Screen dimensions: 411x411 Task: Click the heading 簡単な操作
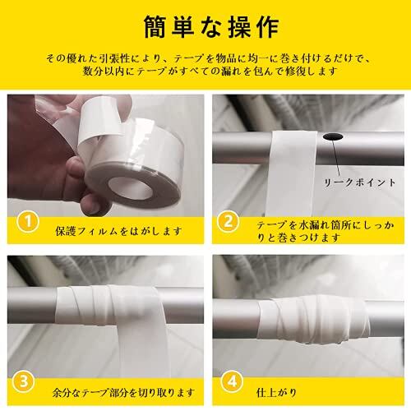point(211,27)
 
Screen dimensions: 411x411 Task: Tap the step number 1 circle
point(27,222)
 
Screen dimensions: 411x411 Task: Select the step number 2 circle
point(229,222)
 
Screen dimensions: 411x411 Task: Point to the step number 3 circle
point(24,381)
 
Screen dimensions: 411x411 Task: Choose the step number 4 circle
point(233,381)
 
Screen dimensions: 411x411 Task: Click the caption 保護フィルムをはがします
point(118,232)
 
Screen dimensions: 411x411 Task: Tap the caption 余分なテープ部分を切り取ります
point(123,393)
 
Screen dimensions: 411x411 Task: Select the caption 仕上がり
point(277,393)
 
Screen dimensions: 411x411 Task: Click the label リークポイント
point(360,182)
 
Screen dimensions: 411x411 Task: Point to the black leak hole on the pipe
point(333,136)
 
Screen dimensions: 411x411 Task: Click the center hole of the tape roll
point(130,188)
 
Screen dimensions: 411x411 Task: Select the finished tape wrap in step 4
point(313,318)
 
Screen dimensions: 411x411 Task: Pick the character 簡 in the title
point(155,27)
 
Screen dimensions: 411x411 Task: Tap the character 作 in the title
point(268,27)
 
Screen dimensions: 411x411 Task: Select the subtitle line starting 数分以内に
point(210,72)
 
